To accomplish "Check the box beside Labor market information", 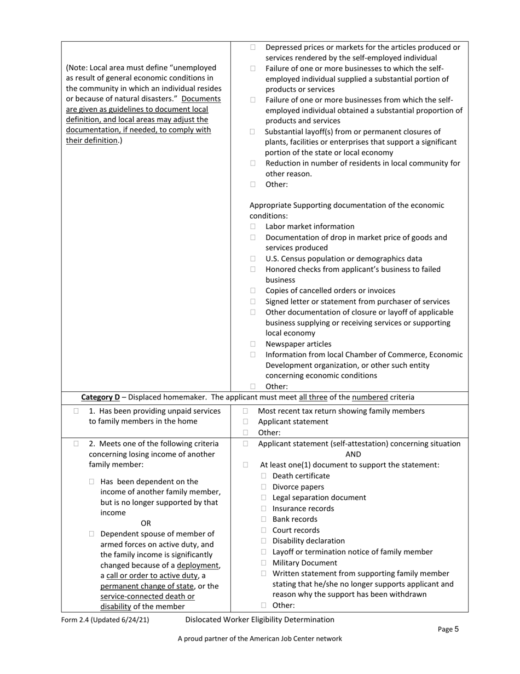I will pos(253,227).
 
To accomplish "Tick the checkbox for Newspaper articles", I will pos(253,344).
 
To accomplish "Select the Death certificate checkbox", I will pos(264,476).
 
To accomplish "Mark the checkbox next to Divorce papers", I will pos(264,487).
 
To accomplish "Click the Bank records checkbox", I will pos(264,519).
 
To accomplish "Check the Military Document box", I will pos(264,563).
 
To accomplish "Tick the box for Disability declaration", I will pos(264,541).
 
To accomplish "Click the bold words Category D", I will pos(100,397).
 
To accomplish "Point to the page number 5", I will pos(456,629).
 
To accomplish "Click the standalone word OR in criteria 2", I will pos(146,523).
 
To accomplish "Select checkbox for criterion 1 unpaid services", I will pos(76,411).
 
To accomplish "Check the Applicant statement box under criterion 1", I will pos(245,422).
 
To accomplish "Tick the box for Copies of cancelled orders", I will pos(253,291).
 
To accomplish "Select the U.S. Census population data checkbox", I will pos(253,259).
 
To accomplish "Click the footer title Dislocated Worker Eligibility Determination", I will pos(259,620).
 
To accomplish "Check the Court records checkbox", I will pos(264,530).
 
